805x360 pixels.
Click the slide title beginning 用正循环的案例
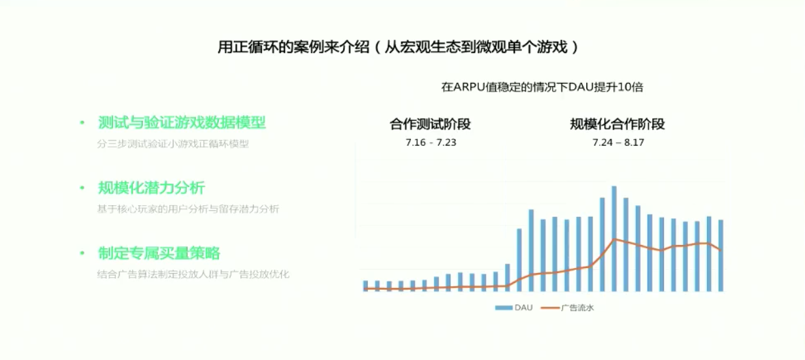tap(398, 47)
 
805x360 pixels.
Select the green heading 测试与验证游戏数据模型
tap(182, 123)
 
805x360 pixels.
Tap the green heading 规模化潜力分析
tap(152, 188)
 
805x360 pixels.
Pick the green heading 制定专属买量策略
tap(159, 254)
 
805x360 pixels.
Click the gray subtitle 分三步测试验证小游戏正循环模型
tap(173, 144)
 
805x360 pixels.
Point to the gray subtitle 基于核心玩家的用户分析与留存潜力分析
tap(188, 209)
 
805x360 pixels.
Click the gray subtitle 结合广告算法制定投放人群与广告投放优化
tap(193, 274)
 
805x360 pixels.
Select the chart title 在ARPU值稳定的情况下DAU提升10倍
tap(542, 87)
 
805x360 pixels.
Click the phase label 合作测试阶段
tap(430, 124)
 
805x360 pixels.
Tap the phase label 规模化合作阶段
tap(617, 124)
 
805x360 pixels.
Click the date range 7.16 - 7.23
tap(431, 142)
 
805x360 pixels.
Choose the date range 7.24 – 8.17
tap(618, 142)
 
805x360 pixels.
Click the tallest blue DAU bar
tap(614, 238)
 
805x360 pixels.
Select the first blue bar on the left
tap(365, 286)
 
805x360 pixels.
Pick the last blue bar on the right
tap(721, 255)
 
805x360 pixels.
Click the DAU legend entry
tap(514, 308)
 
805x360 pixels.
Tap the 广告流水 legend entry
tap(567, 308)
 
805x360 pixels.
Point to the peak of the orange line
tap(614, 239)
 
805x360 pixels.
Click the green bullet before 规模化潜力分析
tap(82, 188)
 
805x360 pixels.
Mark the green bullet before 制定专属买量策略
tap(82, 254)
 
